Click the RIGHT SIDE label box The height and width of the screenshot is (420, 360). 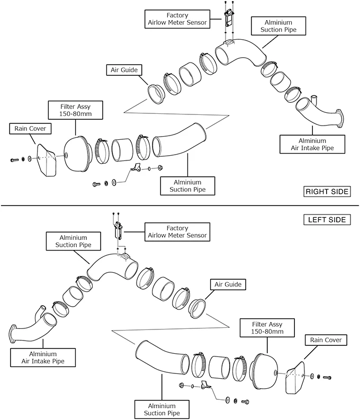coord(327,192)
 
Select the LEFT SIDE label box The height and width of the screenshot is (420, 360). coord(327,220)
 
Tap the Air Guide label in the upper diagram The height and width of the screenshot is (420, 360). coord(124,70)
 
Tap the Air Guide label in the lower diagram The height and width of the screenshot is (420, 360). coord(228,284)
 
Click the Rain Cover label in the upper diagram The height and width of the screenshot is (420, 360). coord(30,129)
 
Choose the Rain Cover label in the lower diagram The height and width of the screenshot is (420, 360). coord(326,340)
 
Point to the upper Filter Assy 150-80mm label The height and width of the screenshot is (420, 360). coord(76,110)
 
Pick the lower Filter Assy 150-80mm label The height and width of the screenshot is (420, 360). coord(267,328)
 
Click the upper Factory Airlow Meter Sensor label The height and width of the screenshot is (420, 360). coord(177,19)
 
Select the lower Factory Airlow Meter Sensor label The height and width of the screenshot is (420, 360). coord(177,232)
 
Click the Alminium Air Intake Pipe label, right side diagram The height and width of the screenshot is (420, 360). coord(312,144)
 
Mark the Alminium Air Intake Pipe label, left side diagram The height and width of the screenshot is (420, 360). coord(43,358)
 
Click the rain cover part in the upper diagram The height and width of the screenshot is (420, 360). coord(47,160)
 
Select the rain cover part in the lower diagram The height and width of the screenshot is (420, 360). coord(295,378)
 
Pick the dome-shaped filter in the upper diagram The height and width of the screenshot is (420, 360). coord(77,154)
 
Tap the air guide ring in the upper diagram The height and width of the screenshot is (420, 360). coord(156,94)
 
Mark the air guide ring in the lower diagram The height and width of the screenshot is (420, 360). coord(197,309)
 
